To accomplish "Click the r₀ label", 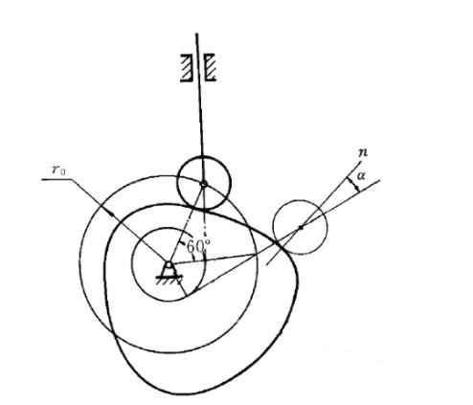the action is pos(58,170).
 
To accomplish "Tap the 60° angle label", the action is pos(198,246).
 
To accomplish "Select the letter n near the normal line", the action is pos(363,153).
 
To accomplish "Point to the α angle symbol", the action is pos(361,175).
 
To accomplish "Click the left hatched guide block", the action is pos(186,68).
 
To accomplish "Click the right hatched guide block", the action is pos(210,67).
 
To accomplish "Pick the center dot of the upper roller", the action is pos(203,183).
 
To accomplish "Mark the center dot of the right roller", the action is pos(301,227).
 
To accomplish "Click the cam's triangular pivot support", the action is pos(169,268).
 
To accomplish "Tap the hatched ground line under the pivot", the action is pos(169,279).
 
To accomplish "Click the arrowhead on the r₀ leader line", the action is pos(111,214).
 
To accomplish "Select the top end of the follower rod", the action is pos(196,34).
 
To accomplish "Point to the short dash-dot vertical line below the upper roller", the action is pos(205,223).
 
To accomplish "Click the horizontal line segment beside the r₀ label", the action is pos(56,179).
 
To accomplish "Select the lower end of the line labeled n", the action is pos(267,264).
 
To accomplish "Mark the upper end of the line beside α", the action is pos(380,181).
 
